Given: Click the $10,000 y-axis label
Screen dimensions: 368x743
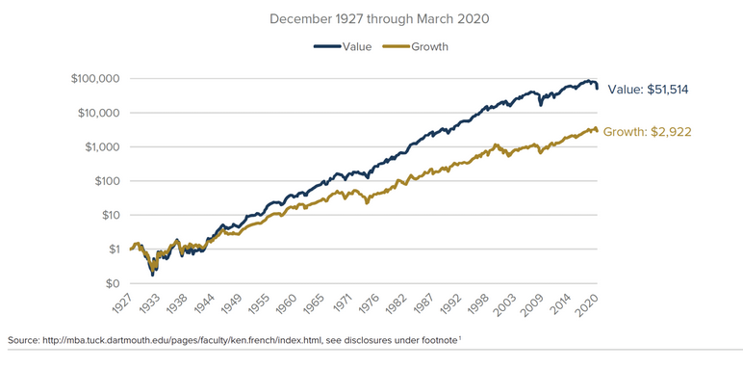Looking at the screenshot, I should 94,113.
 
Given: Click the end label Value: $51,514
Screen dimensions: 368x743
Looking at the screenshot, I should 647,90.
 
